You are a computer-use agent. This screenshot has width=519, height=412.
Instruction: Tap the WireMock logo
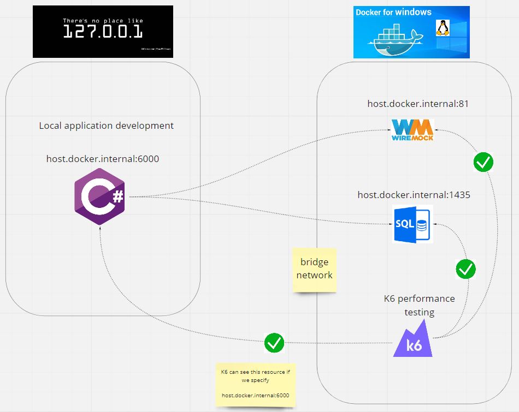(x=413, y=130)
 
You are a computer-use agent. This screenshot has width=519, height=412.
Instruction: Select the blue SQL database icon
(x=413, y=224)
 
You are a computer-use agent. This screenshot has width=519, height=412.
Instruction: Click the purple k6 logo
(x=413, y=341)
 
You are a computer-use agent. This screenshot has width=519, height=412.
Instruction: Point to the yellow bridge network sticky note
(x=314, y=269)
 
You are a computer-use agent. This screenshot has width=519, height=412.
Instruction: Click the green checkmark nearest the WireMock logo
(x=483, y=162)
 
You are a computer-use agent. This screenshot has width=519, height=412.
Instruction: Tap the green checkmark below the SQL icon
(x=465, y=268)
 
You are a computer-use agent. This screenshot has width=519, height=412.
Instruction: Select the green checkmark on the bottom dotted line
(x=274, y=343)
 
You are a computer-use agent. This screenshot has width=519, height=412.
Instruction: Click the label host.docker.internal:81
(x=418, y=103)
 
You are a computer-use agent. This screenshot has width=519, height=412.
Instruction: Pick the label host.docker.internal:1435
(x=414, y=195)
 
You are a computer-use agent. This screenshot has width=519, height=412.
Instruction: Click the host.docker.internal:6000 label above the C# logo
(x=103, y=159)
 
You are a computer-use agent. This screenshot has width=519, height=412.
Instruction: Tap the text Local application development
(x=107, y=126)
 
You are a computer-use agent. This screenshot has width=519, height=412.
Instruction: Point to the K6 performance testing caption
(x=419, y=305)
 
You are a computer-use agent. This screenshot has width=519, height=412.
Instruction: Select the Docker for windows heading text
(x=393, y=13)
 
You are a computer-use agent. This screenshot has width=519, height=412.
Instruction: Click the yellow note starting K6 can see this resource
(x=255, y=384)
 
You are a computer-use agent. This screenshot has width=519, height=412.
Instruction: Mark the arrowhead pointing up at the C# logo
(x=101, y=228)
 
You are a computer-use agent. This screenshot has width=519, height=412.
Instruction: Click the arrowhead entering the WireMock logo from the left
(x=388, y=130)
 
